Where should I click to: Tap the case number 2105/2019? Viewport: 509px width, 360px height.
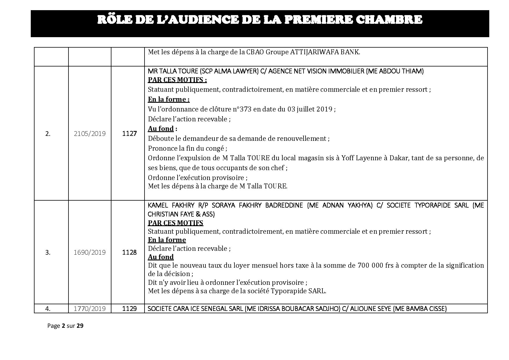(x=90, y=134)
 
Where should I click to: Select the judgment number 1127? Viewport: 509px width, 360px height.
(x=129, y=134)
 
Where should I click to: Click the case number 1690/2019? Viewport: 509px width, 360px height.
(x=90, y=252)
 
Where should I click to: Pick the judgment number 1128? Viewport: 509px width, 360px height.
(x=129, y=252)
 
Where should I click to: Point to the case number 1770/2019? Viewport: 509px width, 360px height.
(x=90, y=309)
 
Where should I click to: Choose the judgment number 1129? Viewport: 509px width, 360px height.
(x=129, y=309)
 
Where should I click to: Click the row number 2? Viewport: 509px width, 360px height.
(x=48, y=134)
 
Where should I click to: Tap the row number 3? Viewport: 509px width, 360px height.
(x=48, y=253)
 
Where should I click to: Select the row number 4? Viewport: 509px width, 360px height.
(x=48, y=309)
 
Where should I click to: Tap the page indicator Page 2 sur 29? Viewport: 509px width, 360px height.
(x=65, y=326)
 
